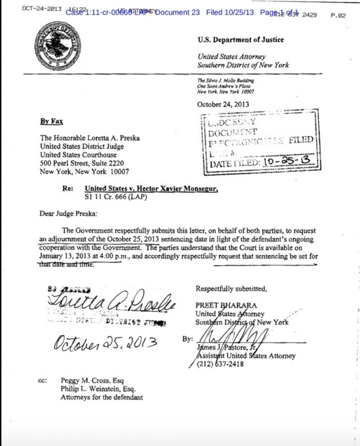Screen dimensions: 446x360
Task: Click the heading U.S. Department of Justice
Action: point(241,40)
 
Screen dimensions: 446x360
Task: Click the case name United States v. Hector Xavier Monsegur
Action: point(151,189)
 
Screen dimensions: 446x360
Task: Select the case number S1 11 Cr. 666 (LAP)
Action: point(113,197)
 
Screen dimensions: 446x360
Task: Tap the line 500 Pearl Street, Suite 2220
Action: point(82,163)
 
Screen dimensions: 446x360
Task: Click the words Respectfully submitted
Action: point(231,288)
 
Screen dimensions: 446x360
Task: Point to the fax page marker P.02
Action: point(338,15)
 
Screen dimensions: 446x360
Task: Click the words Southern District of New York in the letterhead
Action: point(243,65)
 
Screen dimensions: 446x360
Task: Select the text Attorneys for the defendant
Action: point(102,397)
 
